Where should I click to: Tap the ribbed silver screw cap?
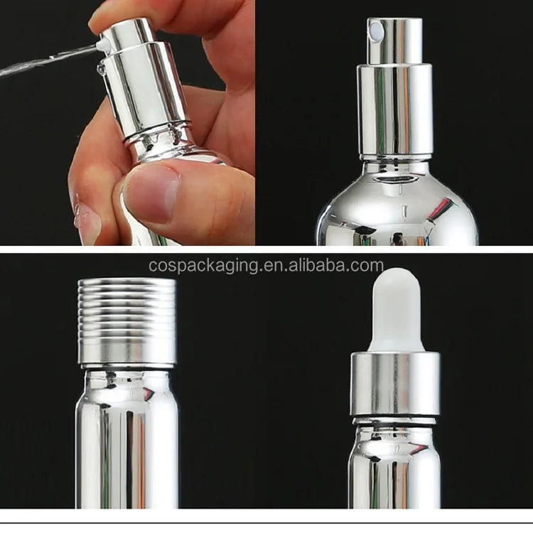pyautogui.click(x=126, y=323)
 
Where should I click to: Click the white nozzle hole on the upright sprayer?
pyautogui.click(x=376, y=31)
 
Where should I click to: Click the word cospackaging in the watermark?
pyautogui.click(x=203, y=266)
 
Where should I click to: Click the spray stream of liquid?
pyautogui.click(x=48, y=61)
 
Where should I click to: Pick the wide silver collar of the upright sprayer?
pyautogui.click(x=394, y=110)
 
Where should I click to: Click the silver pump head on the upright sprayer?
pyautogui.click(x=394, y=41)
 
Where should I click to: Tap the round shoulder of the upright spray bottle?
pyautogui.click(x=397, y=204)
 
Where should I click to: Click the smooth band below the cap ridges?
pyautogui.click(x=127, y=352)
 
